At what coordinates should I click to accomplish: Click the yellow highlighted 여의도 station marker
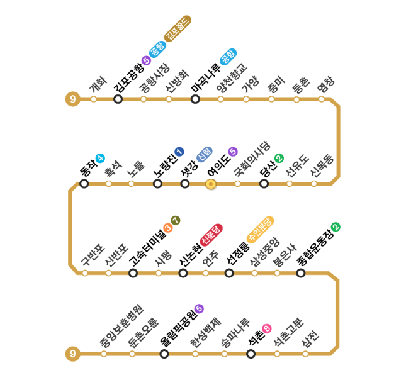(211, 184)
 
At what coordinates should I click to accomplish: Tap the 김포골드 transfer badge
(178, 28)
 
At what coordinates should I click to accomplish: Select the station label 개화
(98, 85)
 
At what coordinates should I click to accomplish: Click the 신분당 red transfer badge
(211, 235)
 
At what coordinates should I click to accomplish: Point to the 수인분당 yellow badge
(260, 230)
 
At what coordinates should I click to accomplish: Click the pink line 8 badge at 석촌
(267, 329)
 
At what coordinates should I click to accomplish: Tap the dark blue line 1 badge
(179, 152)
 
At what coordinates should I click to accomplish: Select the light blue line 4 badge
(100, 158)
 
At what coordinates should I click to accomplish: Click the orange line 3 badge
(168, 228)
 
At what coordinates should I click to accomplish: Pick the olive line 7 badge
(176, 221)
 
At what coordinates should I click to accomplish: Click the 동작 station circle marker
(84, 184)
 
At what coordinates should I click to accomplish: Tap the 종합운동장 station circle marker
(301, 273)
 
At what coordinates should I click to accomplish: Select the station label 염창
(325, 84)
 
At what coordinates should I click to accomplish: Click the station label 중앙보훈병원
(121, 326)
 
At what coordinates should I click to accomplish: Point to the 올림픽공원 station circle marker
(164, 354)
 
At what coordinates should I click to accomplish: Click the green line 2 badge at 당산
(279, 158)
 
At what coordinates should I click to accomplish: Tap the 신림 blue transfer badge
(205, 155)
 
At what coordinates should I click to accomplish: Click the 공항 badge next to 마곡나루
(228, 57)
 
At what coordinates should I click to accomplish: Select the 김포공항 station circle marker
(118, 99)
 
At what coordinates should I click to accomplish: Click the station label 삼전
(310, 339)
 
